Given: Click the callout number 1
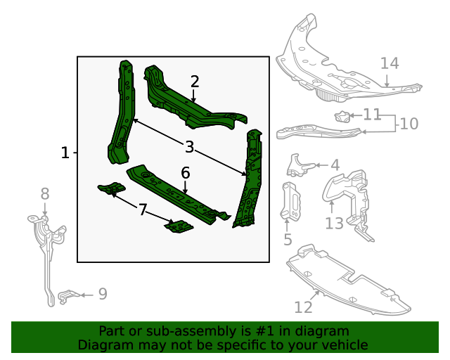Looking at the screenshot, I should [65, 153].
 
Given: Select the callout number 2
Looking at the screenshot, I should [194, 82].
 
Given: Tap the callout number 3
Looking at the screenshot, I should [189, 147].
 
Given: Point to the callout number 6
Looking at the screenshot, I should [185, 173].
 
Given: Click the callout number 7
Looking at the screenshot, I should [143, 210].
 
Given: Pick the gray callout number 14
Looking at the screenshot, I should [390, 64].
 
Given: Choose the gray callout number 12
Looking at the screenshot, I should [303, 307].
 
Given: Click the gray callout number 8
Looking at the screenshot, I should [44, 193].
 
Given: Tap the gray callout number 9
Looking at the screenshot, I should [103, 294].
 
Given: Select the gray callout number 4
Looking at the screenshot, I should [335, 165].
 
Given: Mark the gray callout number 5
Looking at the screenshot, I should [288, 240].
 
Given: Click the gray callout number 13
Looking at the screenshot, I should [334, 224].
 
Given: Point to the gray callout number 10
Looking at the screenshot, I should [409, 124].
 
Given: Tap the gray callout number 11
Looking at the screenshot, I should [372, 114].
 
